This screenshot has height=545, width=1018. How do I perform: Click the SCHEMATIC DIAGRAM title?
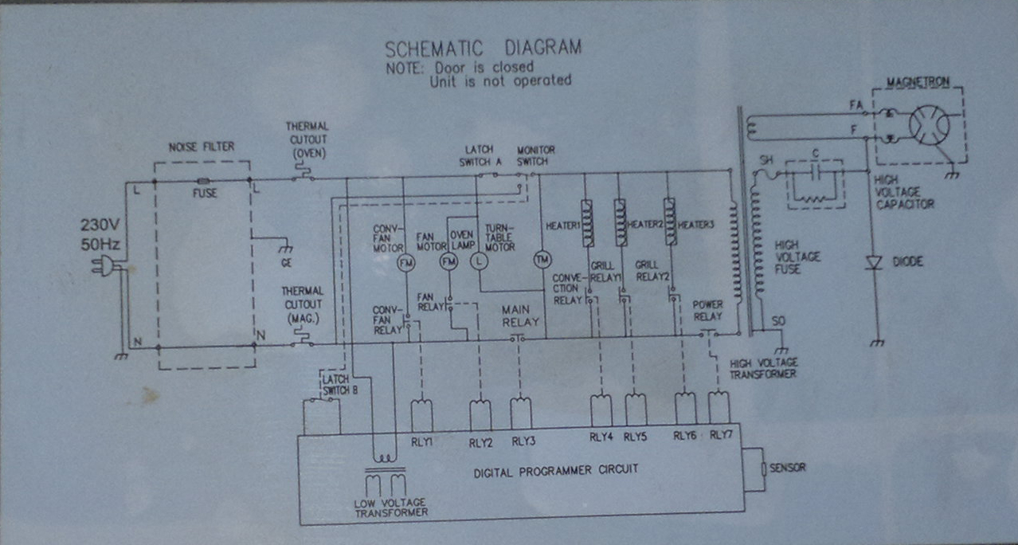tap(483, 48)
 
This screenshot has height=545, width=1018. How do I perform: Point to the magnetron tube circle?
tap(929, 126)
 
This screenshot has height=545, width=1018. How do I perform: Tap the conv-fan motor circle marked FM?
tap(405, 263)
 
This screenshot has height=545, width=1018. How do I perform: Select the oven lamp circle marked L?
tap(480, 261)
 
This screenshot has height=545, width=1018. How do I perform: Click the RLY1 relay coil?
tap(421, 414)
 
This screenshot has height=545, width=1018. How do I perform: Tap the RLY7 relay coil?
tap(718, 408)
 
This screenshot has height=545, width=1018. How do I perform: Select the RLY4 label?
tap(601, 437)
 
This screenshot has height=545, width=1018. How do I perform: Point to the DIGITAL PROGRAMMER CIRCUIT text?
tap(556, 470)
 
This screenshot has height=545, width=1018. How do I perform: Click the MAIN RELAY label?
tap(520, 316)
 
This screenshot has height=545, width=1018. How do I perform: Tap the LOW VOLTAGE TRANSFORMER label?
tap(390, 507)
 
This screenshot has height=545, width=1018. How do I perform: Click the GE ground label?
tap(286, 261)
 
